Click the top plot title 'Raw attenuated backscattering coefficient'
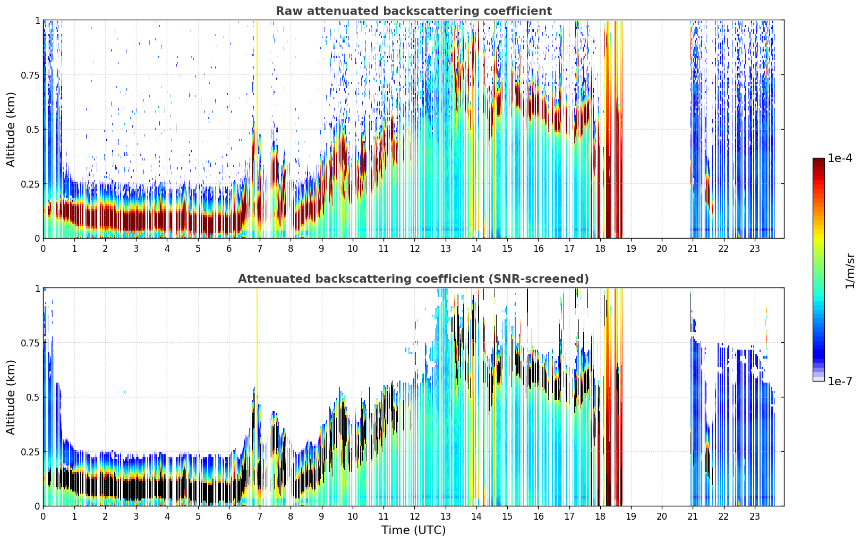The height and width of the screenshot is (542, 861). click(x=414, y=11)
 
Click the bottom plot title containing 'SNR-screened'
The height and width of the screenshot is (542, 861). click(x=414, y=278)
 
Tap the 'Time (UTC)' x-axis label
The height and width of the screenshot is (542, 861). click(x=414, y=530)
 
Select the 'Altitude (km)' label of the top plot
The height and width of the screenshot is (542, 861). click(x=11, y=130)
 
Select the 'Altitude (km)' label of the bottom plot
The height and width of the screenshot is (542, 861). click(x=11, y=397)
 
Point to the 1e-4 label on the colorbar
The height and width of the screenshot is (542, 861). click(x=840, y=158)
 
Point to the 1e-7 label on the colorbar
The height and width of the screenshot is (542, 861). click(x=840, y=382)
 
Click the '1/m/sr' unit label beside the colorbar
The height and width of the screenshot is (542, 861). click(x=850, y=270)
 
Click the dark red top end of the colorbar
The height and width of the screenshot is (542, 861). click(x=819, y=160)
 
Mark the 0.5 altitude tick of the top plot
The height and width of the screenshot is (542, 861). click(x=33, y=130)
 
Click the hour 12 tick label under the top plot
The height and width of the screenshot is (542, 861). click(x=414, y=248)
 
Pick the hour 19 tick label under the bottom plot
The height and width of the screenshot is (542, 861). click(x=631, y=516)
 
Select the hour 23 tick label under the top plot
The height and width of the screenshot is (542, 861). click(x=755, y=248)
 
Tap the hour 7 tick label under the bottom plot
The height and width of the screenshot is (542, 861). click(x=259, y=516)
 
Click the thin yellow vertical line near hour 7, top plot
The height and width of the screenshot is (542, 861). click(x=257, y=129)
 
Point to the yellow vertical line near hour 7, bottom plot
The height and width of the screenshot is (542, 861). click(x=257, y=397)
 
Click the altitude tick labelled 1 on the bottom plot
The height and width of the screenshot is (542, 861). click(x=38, y=289)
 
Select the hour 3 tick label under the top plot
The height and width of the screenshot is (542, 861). click(x=135, y=248)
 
